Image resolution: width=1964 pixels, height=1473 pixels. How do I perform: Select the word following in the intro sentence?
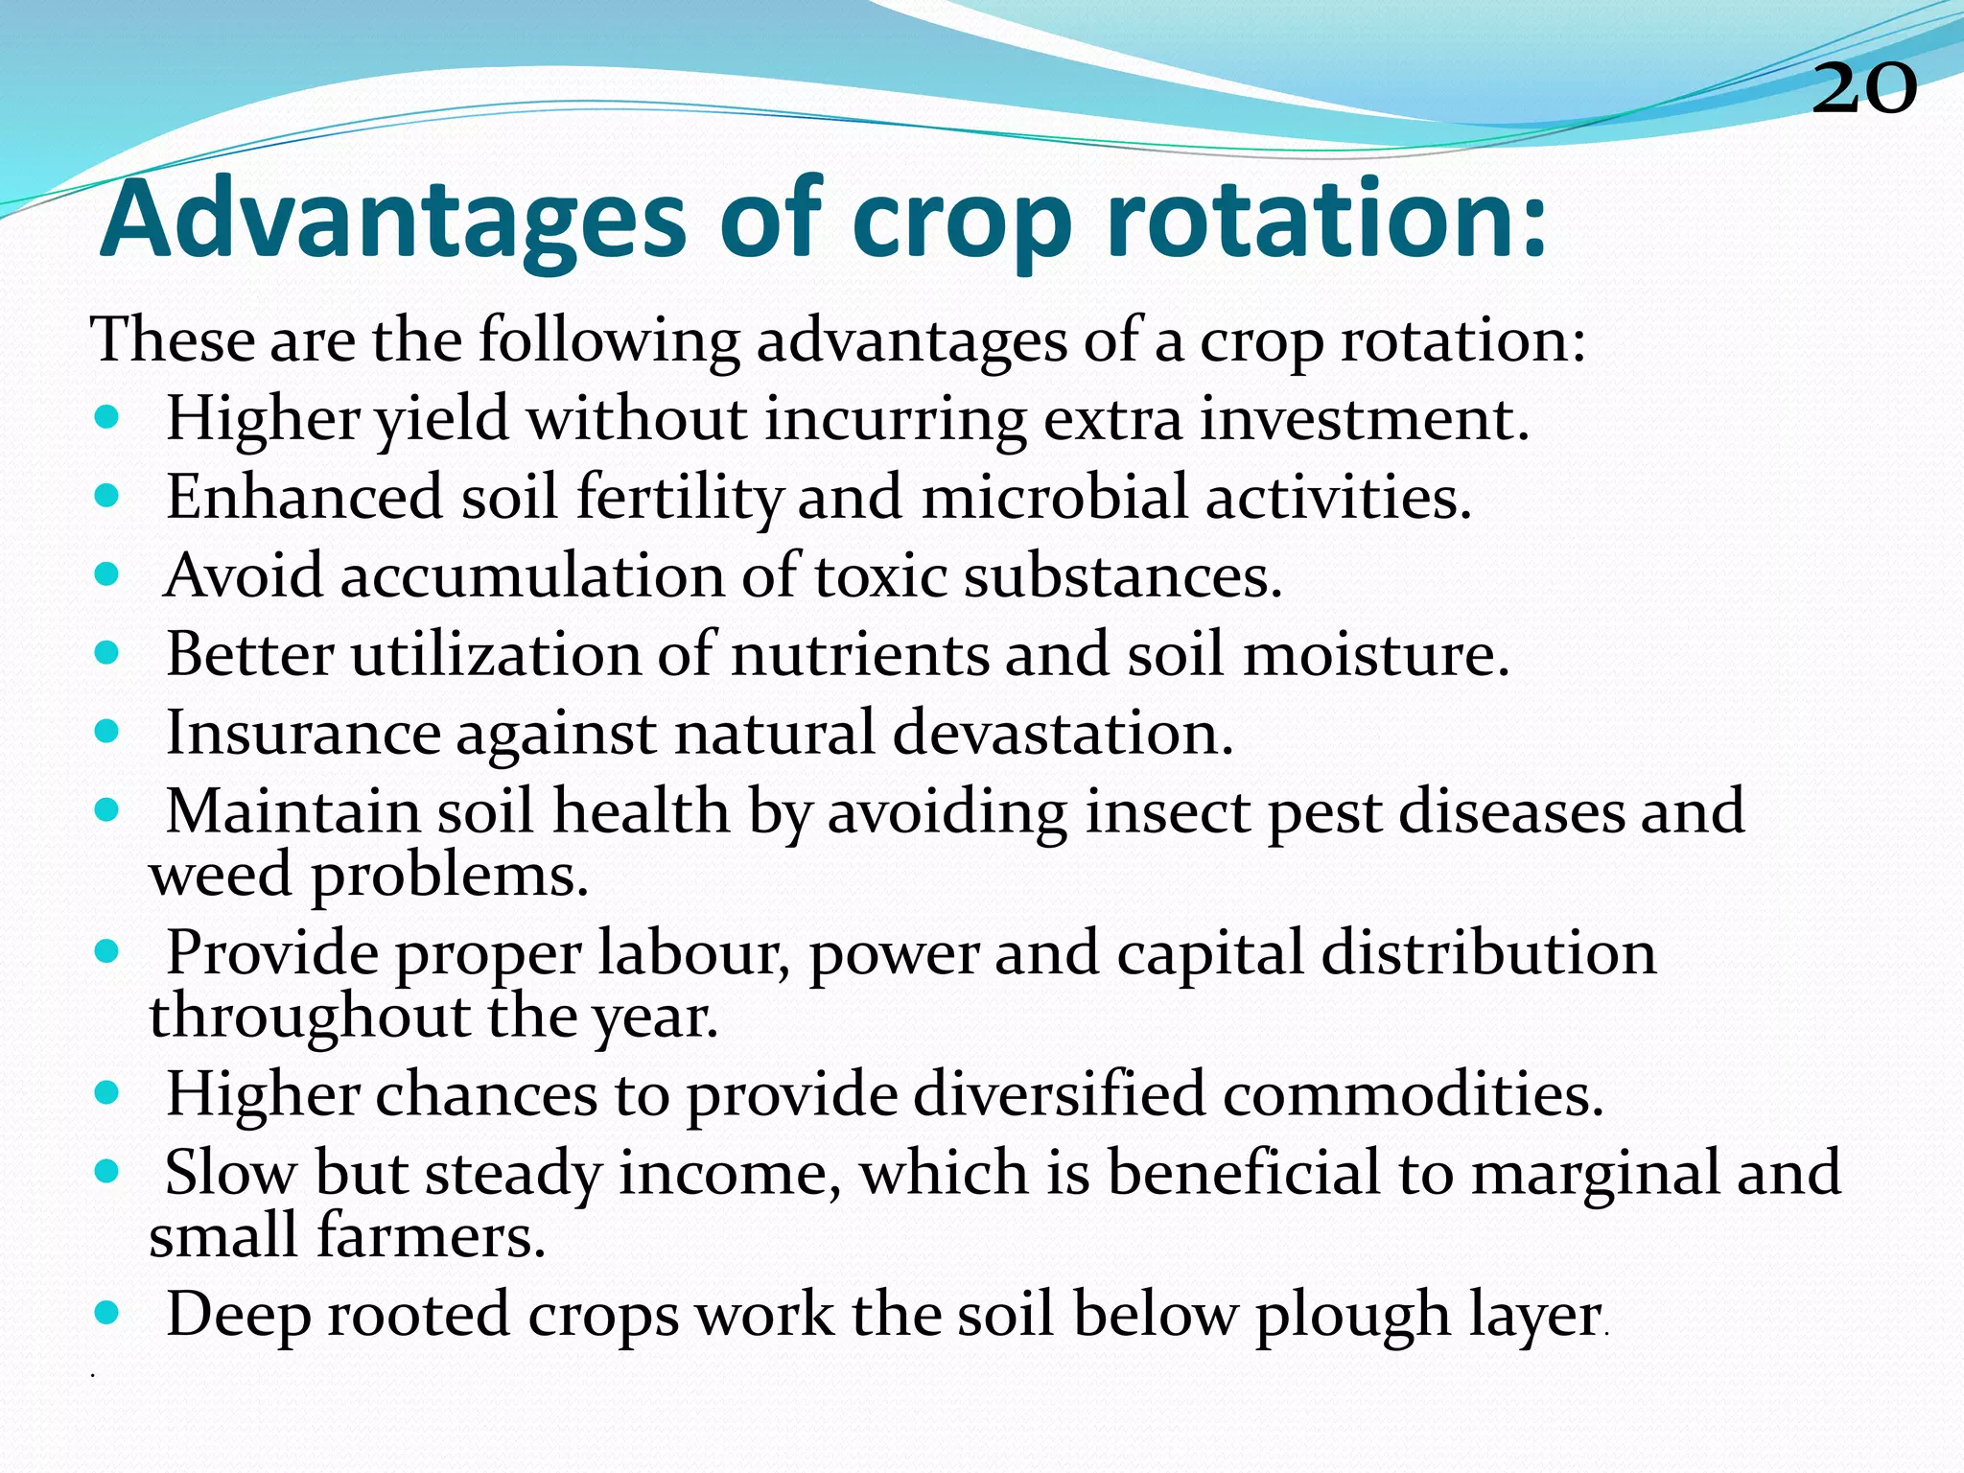(x=609, y=341)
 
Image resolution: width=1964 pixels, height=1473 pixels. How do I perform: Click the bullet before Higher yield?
(x=107, y=418)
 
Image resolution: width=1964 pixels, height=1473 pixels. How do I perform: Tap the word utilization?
(x=495, y=655)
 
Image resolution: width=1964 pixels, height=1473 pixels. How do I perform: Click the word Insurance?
(x=303, y=734)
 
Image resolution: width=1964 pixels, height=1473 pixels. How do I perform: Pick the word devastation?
(x=1063, y=734)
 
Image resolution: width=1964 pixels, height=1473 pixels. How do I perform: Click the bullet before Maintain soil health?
(x=107, y=810)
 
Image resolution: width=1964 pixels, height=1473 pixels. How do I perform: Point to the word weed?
(x=220, y=876)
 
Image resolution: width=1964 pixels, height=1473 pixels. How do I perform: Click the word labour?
(x=693, y=954)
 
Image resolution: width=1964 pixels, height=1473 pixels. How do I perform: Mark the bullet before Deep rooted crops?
(x=107, y=1313)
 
